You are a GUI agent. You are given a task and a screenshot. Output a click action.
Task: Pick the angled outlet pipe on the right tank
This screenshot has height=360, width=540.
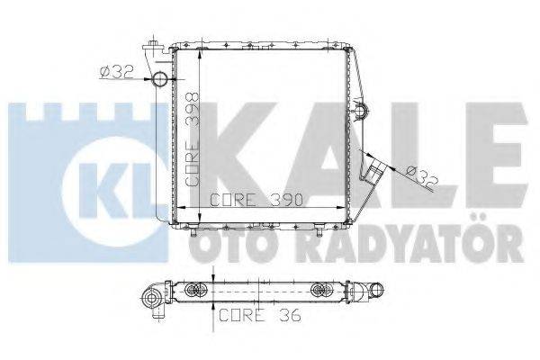[x=378, y=167]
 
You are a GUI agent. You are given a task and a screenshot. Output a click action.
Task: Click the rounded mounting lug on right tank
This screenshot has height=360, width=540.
[x=363, y=111]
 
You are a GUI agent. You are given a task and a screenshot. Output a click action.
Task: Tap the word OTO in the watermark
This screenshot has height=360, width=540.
[x=210, y=244]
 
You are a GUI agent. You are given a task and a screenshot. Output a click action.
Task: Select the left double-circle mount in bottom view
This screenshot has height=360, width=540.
[x=195, y=290]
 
